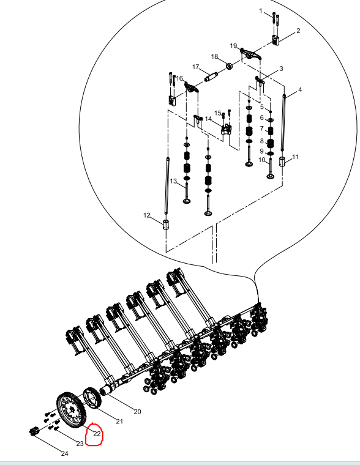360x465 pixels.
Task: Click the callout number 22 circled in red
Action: (x=97, y=434)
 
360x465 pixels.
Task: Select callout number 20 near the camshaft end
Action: (x=137, y=412)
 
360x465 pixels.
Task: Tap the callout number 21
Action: (x=119, y=421)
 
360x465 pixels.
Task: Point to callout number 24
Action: (x=65, y=453)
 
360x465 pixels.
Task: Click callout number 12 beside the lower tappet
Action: (x=146, y=215)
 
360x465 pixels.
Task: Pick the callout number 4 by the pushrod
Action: (x=300, y=89)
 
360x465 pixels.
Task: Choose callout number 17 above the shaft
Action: (x=195, y=67)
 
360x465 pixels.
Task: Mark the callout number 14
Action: (x=208, y=119)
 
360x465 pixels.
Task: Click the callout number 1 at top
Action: (x=261, y=11)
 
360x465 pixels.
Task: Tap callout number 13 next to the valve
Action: (x=173, y=181)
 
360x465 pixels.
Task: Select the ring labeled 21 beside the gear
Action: (x=92, y=398)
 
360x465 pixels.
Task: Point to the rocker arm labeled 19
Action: (x=251, y=54)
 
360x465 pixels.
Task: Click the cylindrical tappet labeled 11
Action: (x=282, y=162)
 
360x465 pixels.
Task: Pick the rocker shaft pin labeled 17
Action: (x=211, y=77)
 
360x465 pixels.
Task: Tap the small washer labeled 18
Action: (x=229, y=66)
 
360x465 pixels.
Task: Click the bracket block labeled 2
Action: (x=276, y=40)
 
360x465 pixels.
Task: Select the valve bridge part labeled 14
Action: (x=226, y=129)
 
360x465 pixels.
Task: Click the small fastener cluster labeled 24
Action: (x=34, y=431)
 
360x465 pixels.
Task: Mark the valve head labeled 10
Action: (x=271, y=177)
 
